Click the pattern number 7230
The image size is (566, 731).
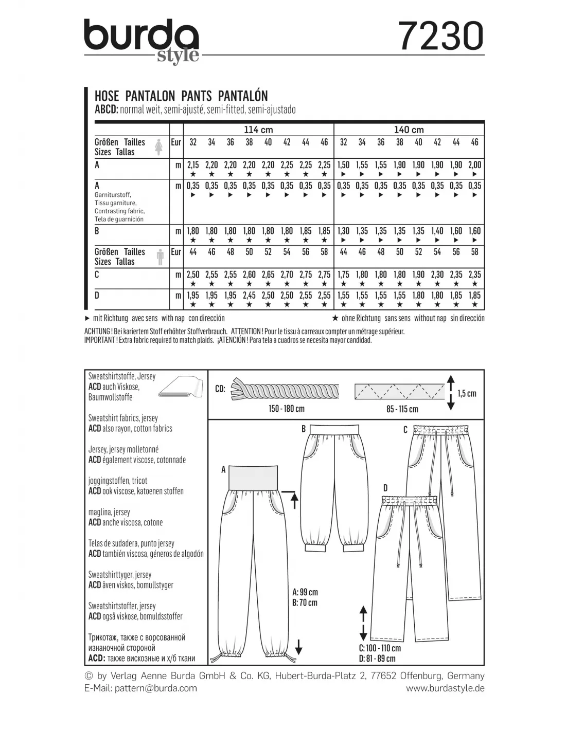pos(441,37)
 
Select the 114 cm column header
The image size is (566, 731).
pos(258,130)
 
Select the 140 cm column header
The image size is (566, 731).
pos(409,130)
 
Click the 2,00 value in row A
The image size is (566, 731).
pos(474,165)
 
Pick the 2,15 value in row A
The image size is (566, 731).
pos(193,165)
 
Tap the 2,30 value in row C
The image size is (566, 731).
pos(437,275)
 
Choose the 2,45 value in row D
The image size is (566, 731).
pos(249,295)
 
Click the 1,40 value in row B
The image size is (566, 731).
pos(437,231)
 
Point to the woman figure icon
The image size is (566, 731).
pos(159,147)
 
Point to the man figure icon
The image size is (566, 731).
pos(159,257)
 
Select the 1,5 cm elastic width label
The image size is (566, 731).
pos(467,393)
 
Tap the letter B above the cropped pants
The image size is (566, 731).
pos(304,429)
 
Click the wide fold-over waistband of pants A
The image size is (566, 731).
pos(256,476)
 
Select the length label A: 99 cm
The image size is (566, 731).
pos(305,592)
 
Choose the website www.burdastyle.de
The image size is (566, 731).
pos(445,688)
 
